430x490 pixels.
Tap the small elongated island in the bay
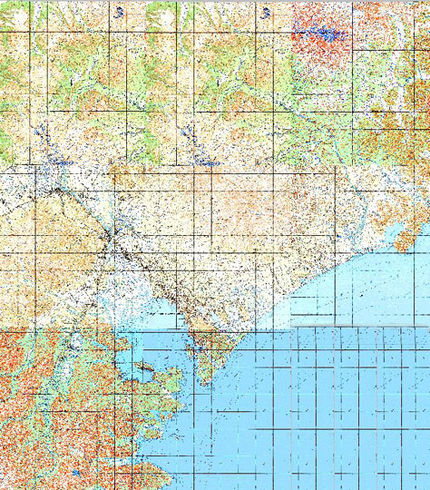(x=143, y=369)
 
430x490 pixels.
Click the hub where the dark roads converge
(x=111, y=238)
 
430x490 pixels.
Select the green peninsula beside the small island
(x=159, y=399)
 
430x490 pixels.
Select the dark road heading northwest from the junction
(x=73, y=200)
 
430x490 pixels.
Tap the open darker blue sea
(x=345, y=417)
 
